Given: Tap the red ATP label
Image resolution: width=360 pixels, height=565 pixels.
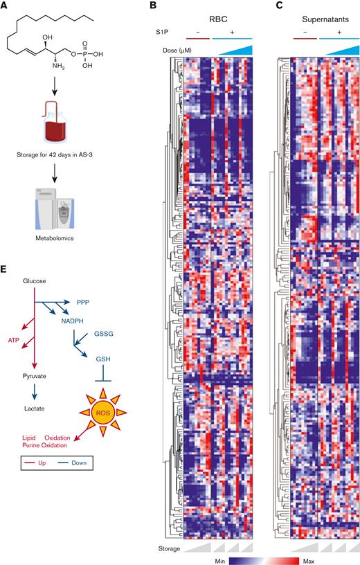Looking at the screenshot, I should [15, 340].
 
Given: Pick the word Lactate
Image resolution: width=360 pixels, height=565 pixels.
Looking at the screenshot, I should [33, 409].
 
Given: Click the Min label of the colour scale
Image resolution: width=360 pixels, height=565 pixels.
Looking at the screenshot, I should [215, 558].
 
